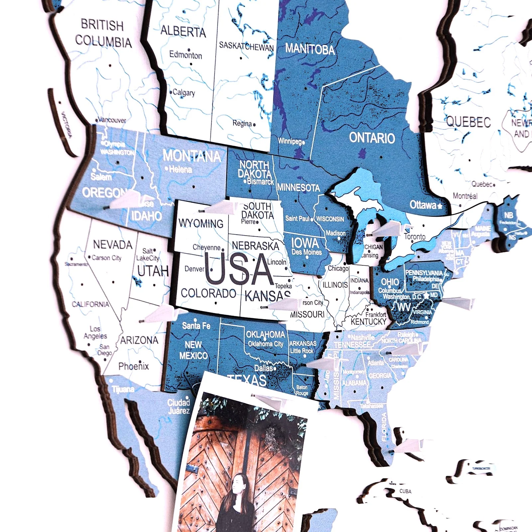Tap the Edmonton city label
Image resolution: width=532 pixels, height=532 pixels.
click(x=186, y=55)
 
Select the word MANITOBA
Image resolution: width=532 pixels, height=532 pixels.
click(x=310, y=49)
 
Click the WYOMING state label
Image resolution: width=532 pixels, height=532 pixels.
click(x=201, y=223)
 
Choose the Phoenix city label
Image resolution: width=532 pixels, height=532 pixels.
click(x=133, y=366)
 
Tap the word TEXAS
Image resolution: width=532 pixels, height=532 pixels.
click(x=248, y=380)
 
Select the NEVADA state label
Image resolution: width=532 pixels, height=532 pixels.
click(x=113, y=245)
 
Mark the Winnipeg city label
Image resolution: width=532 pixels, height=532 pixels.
click(x=289, y=141)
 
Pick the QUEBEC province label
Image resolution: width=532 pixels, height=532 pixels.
click(x=468, y=122)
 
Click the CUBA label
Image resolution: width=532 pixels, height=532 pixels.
click(x=405, y=491)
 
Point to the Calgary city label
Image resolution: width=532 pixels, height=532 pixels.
click(x=184, y=92)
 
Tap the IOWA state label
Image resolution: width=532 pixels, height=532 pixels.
click(x=305, y=243)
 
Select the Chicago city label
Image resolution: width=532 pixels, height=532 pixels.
click(x=338, y=268)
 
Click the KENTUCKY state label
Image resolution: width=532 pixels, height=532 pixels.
click(x=368, y=322)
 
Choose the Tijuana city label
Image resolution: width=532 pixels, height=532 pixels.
click(x=123, y=389)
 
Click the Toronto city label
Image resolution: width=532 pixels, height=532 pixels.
click(x=415, y=237)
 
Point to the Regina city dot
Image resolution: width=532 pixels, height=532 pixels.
click(x=254, y=125)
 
